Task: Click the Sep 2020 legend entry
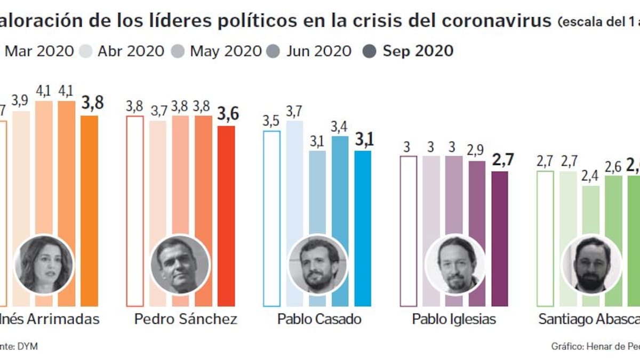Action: point(411,51)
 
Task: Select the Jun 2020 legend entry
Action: point(312,51)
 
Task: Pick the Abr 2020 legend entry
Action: point(123,51)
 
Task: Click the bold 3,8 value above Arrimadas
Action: point(92,103)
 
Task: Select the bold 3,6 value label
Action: point(228,114)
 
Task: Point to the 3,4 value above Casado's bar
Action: point(340,127)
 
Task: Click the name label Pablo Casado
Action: point(319,319)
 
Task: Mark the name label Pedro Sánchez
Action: point(186,319)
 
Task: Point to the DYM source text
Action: point(27,346)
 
